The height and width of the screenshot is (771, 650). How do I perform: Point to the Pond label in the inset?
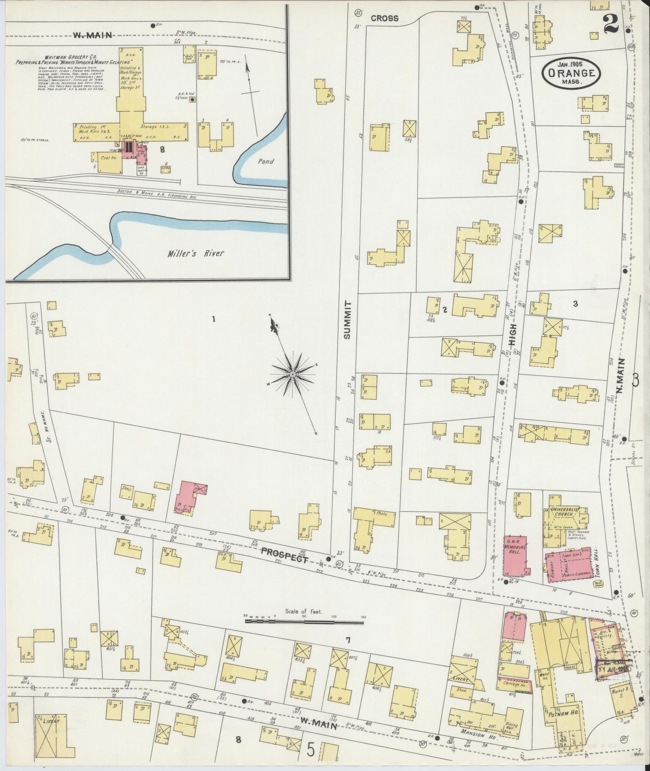(266, 161)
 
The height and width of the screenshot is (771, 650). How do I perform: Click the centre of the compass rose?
(293, 374)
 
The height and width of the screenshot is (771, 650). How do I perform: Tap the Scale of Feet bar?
(304, 622)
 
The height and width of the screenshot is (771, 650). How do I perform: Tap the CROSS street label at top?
(385, 18)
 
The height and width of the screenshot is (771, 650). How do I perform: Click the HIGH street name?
(513, 335)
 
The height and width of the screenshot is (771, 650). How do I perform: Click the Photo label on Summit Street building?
(382, 513)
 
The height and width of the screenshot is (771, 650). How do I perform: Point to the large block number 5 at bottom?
(311, 750)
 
